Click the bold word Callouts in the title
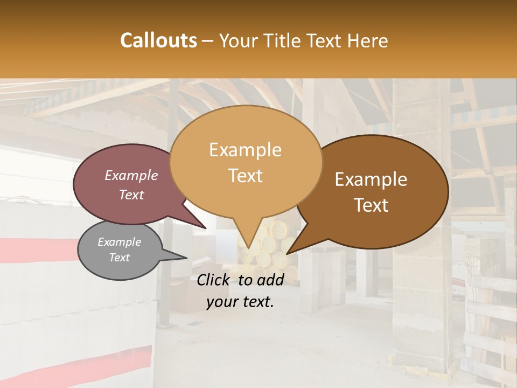click(x=158, y=40)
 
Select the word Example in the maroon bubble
click(x=131, y=175)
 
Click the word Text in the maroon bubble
click(x=131, y=195)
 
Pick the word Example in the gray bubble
click(x=119, y=242)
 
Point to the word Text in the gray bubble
click(x=119, y=258)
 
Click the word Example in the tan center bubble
click(x=245, y=150)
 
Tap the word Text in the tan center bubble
click(x=245, y=176)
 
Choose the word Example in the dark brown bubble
click(x=371, y=179)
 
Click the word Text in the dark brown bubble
click(x=371, y=205)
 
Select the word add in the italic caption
click(x=270, y=280)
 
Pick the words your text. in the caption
click(x=240, y=302)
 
